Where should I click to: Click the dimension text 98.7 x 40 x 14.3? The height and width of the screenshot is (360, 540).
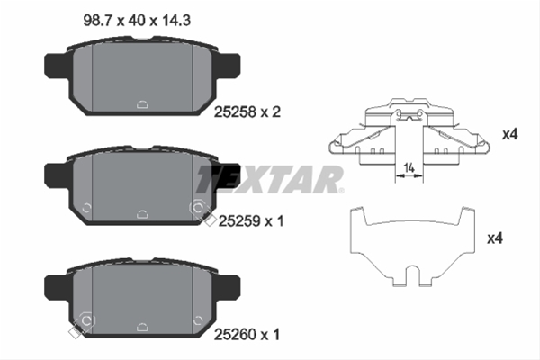pos(137,21)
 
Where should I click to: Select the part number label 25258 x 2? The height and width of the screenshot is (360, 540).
pos(247,112)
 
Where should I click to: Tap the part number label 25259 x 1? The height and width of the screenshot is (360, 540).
pos(251,220)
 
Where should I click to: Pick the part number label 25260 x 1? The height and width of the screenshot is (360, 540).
pos(247,334)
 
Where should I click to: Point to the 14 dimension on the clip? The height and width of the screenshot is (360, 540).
pos(409,168)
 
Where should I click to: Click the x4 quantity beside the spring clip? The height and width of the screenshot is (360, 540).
pos(509,134)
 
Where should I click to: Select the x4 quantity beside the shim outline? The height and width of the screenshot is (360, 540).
pos(495,238)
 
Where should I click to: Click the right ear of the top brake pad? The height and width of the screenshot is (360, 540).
pos(228,66)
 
